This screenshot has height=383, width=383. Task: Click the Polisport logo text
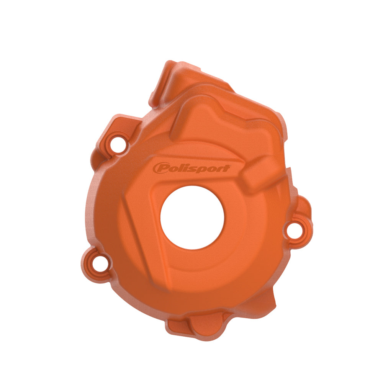[191, 169]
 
